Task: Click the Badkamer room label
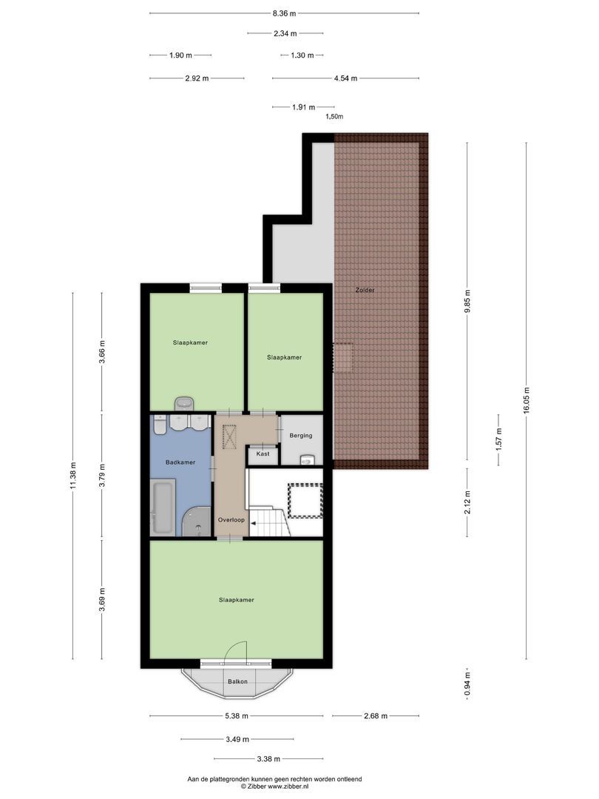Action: (x=180, y=462)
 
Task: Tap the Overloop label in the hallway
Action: (x=231, y=520)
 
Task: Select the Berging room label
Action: (x=301, y=436)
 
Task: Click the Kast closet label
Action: (x=263, y=454)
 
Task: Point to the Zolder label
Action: (x=365, y=290)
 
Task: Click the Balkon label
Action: (x=237, y=681)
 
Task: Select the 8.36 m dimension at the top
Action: (x=284, y=13)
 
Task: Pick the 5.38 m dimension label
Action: (x=237, y=716)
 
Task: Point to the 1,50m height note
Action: (x=334, y=117)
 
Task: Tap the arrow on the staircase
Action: (x=255, y=523)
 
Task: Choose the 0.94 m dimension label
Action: (x=467, y=684)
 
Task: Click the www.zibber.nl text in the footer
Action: (x=289, y=786)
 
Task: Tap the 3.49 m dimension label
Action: (x=237, y=739)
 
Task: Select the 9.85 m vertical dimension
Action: (x=467, y=300)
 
